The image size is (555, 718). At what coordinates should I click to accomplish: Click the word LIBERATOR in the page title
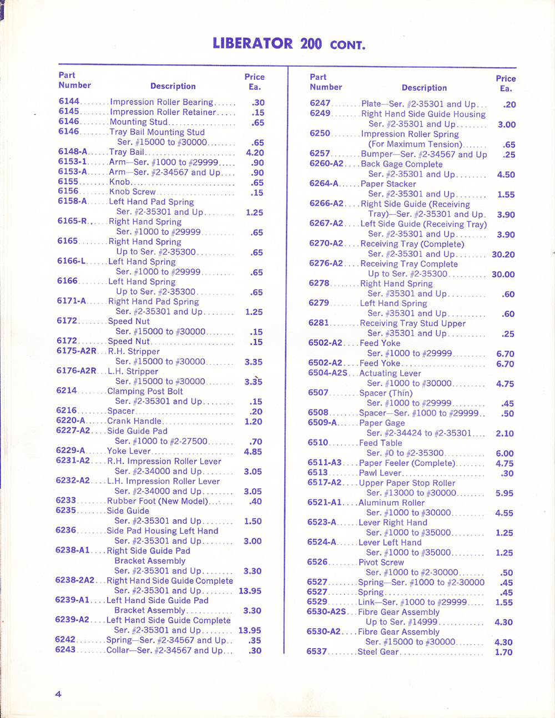(x=253, y=43)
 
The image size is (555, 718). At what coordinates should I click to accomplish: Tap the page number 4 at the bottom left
(x=58, y=694)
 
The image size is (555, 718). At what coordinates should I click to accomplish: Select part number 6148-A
(x=73, y=151)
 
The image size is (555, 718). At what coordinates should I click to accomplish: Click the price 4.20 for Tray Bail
(x=255, y=153)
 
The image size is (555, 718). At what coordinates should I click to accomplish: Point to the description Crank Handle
(x=134, y=421)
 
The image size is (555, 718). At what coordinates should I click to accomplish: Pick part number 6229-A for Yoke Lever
(x=70, y=451)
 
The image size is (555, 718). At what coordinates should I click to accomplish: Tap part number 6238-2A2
(x=75, y=580)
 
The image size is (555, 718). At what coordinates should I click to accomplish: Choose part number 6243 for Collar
(x=65, y=650)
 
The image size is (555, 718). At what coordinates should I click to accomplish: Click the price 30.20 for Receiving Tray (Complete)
(x=503, y=254)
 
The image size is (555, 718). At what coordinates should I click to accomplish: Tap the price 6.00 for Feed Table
(x=504, y=453)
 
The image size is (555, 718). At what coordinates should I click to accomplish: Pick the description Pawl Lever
(x=380, y=473)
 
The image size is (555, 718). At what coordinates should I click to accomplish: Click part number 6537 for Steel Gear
(x=316, y=651)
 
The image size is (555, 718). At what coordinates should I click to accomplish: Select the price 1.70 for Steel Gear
(x=503, y=653)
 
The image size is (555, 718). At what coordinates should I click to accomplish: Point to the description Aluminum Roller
(x=391, y=503)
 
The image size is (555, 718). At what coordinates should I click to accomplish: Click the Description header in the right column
(x=424, y=88)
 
